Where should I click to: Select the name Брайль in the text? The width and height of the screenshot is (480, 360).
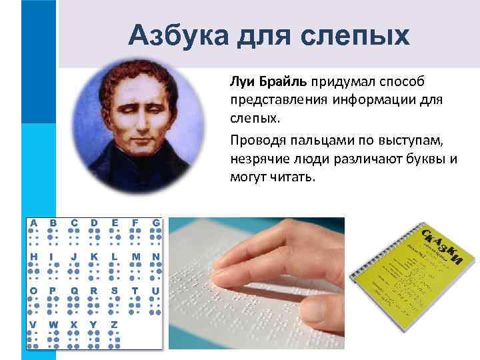coord(279,81)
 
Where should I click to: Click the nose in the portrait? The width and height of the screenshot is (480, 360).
coord(138,122)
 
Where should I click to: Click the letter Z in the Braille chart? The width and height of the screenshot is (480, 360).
coord(114,325)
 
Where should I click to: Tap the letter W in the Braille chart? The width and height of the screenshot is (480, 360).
coord(54,325)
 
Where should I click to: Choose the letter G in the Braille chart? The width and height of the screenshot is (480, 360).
coord(155,223)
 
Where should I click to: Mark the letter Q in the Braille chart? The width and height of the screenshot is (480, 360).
coord(74,291)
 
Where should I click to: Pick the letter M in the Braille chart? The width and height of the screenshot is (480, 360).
coord(135,257)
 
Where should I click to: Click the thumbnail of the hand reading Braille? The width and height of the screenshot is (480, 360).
coord(256,283)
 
